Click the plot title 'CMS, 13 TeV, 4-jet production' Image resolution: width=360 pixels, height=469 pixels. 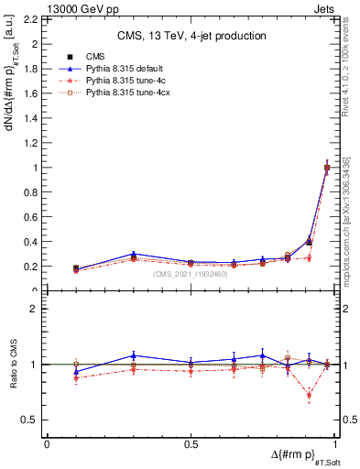[191, 36]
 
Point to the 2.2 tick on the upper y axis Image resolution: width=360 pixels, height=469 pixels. [30, 18]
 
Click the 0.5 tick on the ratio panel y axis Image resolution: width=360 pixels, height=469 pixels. [32, 420]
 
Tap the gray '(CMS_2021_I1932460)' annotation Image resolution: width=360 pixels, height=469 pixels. [191, 274]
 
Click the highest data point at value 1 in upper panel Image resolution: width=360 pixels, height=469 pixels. [327, 168]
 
